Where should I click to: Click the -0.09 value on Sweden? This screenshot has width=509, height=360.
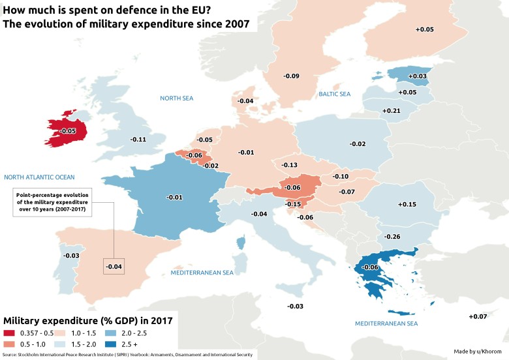[x=292, y=76]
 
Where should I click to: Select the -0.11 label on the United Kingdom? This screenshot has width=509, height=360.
[x=138, y=140]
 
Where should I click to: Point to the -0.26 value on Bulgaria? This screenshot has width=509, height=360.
[x=393, y=236]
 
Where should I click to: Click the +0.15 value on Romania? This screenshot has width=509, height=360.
[x=407, y=205]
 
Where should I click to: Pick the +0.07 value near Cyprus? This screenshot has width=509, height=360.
[x=478, y=317]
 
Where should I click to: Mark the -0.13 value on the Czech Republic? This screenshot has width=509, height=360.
[x=289, y=166]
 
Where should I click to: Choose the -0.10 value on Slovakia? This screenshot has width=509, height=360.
[x=341, y=177]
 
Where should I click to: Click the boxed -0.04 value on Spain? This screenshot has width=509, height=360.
[x=113, y=266]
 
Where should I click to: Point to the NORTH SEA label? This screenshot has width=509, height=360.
[x=177, y=98]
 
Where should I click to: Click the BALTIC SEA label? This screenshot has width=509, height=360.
[x=335, y=95]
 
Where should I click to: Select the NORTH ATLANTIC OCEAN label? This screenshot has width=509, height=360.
[x=39, y=177]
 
